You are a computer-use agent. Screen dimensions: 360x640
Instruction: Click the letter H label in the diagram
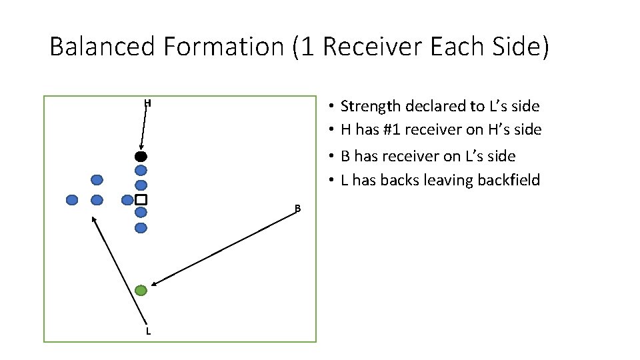pos(148,103)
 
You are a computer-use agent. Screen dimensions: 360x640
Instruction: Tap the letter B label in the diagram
pos(298,209)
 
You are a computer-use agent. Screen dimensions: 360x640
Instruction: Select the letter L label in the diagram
pos(148,331)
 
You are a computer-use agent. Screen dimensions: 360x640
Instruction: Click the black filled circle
pos(141,157)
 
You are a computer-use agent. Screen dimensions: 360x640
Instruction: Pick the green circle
pos(141,290)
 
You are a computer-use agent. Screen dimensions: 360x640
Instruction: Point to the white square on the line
pos(141,199)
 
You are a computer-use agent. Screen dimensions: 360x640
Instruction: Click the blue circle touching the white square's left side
pos(127,199)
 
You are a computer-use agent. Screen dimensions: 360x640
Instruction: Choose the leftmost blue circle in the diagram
pos(72,199)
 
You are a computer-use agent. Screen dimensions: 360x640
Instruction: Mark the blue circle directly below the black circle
pos(141,171)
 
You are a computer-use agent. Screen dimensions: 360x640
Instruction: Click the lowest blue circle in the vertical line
pos(141,228)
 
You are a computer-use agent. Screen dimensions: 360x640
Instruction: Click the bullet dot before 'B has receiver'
pos(331,157)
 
